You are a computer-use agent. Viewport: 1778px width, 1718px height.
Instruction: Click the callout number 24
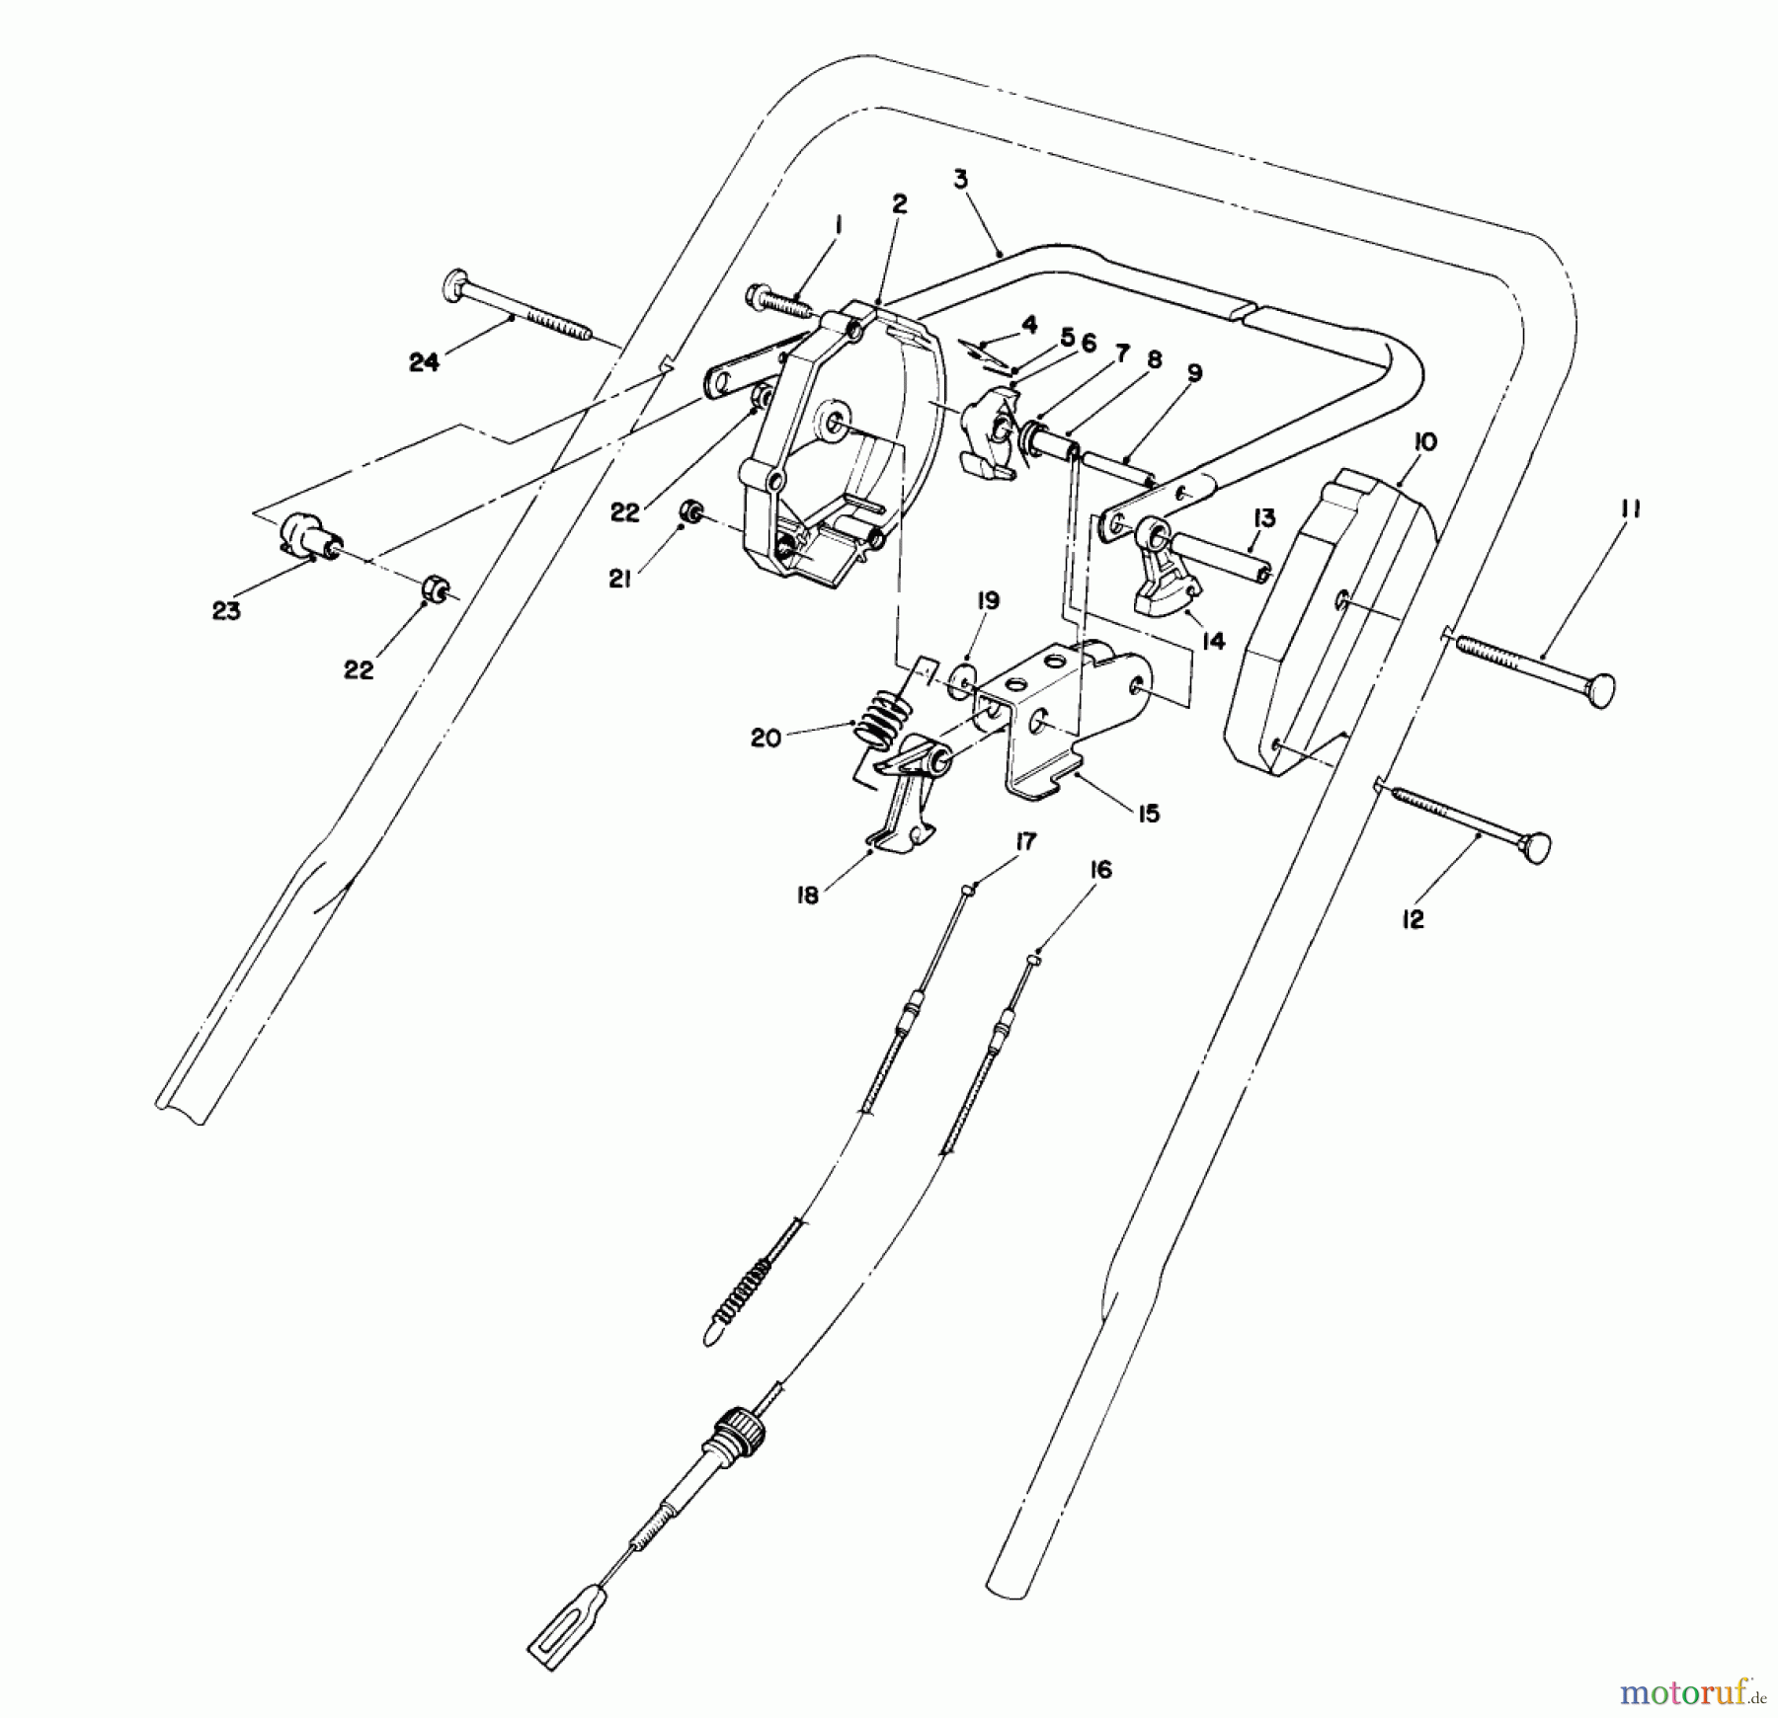424,363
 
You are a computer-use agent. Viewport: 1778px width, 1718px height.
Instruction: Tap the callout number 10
1424,442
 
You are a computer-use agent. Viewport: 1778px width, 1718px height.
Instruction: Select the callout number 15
1148,814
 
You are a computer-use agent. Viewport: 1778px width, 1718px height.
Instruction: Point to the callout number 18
808,897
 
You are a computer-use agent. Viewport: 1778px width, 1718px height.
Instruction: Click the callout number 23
226,611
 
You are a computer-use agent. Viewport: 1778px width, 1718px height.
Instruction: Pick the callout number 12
1413,919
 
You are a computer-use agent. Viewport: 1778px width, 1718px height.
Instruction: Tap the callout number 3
961,181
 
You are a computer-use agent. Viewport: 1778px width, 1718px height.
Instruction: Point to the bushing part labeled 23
307,537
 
